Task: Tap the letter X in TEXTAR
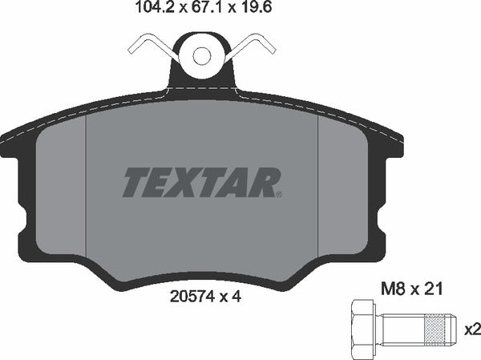click(x=185, y=182)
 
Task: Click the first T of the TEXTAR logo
click(x=134, y=182)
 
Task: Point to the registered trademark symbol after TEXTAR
click(x=277, y=192)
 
